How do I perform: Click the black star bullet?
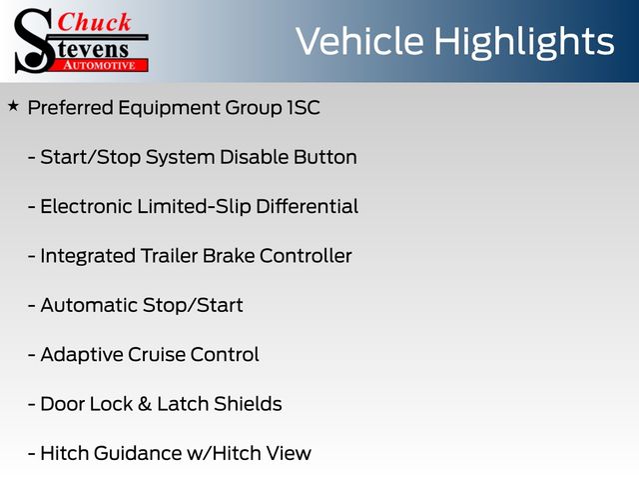[x=13, y=107]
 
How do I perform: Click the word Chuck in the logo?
[x=94, y=22]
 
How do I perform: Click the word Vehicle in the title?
[x=359, y=41]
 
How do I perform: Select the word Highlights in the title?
[x=524, y=43]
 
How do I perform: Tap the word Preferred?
[x=71, y=108]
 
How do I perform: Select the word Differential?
[x=308, y=206]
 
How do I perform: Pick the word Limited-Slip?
[x=194, y=207]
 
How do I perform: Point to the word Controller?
[x=306, y=256]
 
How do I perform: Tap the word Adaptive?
[x=82, y=355]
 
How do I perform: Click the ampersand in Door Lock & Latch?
[x=145, y=404]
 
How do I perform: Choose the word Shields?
[x=249, y=404]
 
